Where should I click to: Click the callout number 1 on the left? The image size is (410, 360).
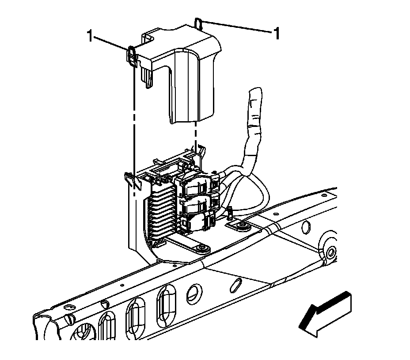click(90, 36)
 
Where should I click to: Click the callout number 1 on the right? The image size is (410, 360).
click(277, 33)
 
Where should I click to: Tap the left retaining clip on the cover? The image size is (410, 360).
click(132, 55)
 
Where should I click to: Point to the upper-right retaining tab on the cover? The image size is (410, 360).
click(199, 23)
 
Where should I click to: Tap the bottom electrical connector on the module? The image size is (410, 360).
click(197, 220)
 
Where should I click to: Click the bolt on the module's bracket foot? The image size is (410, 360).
click(201, 248)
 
